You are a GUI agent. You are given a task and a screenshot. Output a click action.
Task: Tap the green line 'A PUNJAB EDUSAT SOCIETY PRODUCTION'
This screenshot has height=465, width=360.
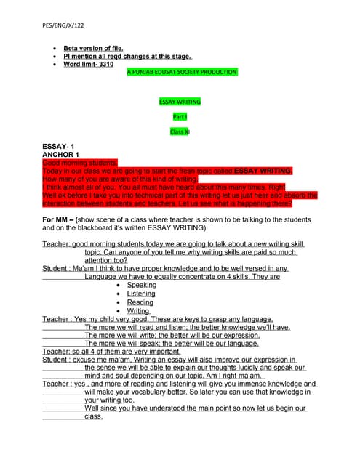coord(182,73)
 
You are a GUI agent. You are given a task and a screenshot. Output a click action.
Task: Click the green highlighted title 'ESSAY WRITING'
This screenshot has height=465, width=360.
coord(180,102)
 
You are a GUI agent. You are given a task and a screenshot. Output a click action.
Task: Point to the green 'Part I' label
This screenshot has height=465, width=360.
coord(180,116)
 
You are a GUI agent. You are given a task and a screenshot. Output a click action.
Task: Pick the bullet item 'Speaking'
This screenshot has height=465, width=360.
coord(141,286)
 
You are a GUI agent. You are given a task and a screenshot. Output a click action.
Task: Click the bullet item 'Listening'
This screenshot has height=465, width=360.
coord(141,294)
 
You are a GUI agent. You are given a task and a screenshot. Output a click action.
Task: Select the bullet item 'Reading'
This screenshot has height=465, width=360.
coord(140,302)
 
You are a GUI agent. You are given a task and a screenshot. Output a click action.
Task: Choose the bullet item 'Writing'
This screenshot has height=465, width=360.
coord(138,311)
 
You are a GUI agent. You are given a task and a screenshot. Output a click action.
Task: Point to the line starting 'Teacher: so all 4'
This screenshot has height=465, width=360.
coord(109,351)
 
